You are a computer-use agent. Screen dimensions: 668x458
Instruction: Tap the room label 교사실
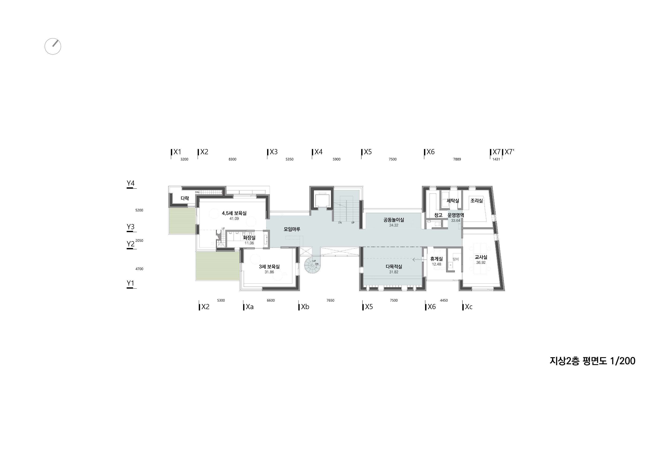pos(481,257)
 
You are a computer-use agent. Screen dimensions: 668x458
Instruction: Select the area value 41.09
pos(234,218)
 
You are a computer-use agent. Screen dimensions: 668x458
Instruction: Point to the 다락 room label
pos(185,198)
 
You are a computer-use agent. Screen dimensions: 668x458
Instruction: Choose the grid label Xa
pos(250,307)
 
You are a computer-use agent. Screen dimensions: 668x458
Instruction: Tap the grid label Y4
pos(131,183)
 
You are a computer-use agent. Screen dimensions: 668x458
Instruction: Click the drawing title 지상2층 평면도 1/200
pos(592,360)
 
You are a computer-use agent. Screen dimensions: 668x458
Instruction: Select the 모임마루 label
pos(292,229)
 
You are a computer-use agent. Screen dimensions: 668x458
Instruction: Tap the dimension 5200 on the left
pos(139,210)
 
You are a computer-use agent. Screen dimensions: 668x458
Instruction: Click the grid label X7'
pos(509,152)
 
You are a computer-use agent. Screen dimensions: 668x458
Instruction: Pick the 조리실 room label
pos(477,201)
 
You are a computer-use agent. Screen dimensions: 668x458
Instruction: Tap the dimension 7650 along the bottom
pos(330,300)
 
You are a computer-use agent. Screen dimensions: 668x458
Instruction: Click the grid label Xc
pos(469,307)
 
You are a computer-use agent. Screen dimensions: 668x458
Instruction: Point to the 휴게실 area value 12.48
pos(436,264)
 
